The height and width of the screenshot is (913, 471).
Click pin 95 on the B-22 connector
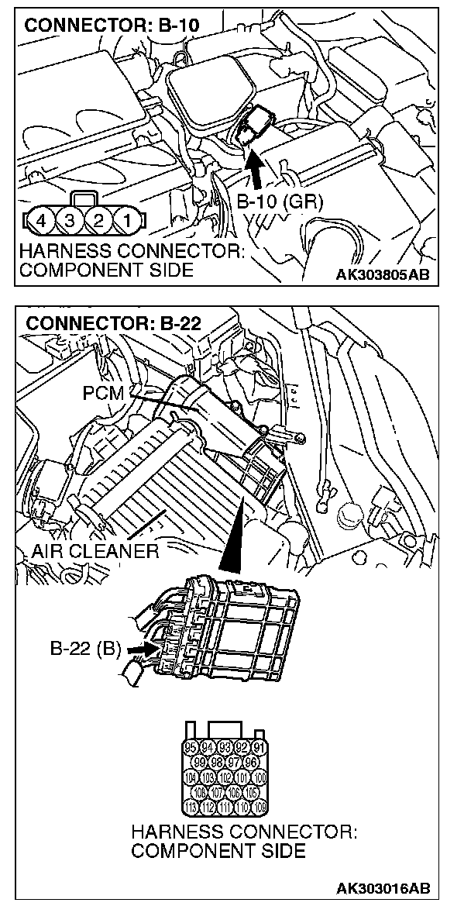coord(192,748)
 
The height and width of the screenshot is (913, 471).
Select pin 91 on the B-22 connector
coord(260,748)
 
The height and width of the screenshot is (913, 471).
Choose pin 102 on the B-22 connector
coord(225,777)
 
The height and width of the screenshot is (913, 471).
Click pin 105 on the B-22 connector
coord(251,792)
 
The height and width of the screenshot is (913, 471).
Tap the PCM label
coord(103,393)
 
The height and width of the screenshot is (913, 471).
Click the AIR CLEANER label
coord(95,552)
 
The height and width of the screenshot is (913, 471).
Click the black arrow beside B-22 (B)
coord(139,645)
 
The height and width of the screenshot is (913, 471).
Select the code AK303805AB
coord(383,274)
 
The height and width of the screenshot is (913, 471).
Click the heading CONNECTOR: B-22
coord(113,323)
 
